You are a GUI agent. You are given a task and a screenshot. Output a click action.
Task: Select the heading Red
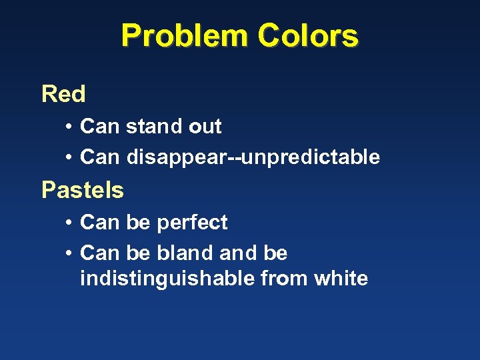click(x=63, y=94)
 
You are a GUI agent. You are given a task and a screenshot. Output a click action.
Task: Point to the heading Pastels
click(x=83, y=190)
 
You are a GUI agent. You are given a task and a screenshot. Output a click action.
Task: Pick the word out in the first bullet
click(x=205, y=126)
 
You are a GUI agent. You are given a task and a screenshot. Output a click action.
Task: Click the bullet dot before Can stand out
click(x=69, y=126)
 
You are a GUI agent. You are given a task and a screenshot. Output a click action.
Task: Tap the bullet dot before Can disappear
click(x=69, y=157)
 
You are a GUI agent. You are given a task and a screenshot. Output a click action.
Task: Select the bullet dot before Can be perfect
click(x=69, y=222)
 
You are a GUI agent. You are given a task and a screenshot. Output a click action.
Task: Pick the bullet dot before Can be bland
click(x=69, y=253)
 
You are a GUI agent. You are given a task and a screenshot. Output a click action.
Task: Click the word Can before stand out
click(x=97, y=126)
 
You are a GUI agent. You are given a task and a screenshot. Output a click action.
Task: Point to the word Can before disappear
click(x=97, y=157)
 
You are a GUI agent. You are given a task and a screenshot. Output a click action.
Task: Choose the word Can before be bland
click(x=97, y=253)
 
